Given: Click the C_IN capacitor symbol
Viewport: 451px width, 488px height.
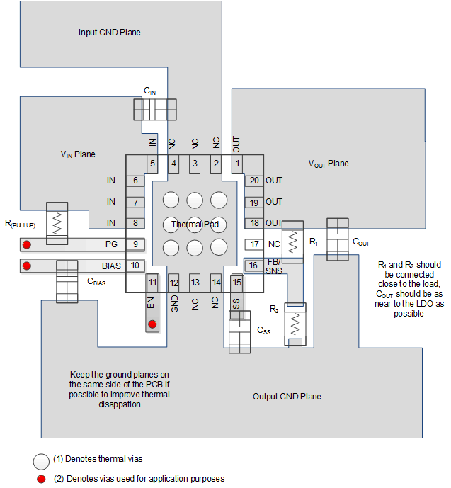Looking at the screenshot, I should click(154, 108).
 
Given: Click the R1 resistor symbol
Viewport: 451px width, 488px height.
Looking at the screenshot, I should click(292, 237).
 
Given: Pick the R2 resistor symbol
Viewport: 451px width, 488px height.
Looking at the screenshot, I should click(292, 320).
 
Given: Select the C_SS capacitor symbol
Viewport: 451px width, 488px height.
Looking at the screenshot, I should click(240, 330).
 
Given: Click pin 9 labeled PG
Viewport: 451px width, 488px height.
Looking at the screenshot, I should click(135, 245).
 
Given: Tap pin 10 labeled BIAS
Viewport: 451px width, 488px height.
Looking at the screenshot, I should click(135, 266).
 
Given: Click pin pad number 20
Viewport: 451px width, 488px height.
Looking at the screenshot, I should click(254, 181).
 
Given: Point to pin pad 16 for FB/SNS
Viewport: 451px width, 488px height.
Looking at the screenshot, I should click(254, 266).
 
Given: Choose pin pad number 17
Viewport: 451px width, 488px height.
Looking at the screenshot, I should click(254, 244).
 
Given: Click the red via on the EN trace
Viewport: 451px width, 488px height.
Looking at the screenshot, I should click(152, 325).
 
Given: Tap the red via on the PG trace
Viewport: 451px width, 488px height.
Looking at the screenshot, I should click(28, 246).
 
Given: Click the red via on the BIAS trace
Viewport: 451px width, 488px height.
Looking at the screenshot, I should click(28, 266).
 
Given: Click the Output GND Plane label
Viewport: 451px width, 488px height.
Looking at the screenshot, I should click(287, 396).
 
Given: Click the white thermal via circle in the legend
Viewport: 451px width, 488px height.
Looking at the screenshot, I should click(40, 460).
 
